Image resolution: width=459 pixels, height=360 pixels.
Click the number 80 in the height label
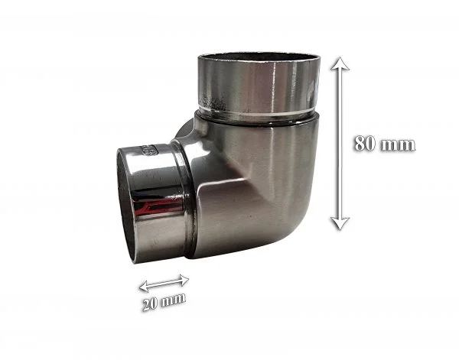coord(364,143)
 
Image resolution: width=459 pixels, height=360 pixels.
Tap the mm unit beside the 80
coord(398,145)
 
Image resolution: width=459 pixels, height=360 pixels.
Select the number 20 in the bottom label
coord(150,304)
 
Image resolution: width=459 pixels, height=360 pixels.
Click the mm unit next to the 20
coord(174,300)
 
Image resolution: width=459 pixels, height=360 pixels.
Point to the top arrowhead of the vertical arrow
coord(340,63)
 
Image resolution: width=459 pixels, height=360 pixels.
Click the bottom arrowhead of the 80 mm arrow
coord(340,224)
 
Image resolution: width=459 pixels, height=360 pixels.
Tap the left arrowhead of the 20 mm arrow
coord(145,287)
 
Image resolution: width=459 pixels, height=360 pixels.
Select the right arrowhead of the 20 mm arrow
coord(184,281)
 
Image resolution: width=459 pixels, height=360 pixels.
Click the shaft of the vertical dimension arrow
coord(340,144)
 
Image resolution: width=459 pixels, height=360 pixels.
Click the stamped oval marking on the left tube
coord(150,151)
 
